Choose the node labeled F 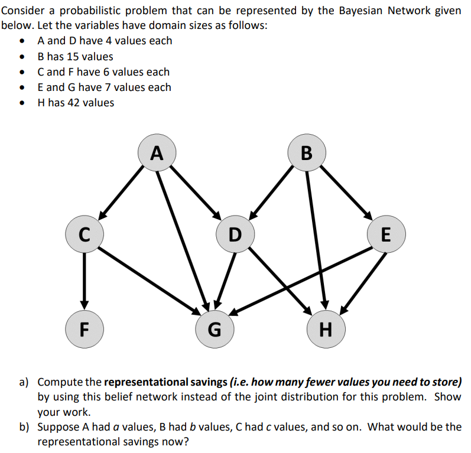[x=85, y=328]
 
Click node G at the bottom [x=216, y=328]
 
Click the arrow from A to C [x=121, y=191]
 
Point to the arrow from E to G [x=301, y=279]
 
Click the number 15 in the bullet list [x=73, y=57]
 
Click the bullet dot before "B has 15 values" [x=22, y=57]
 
